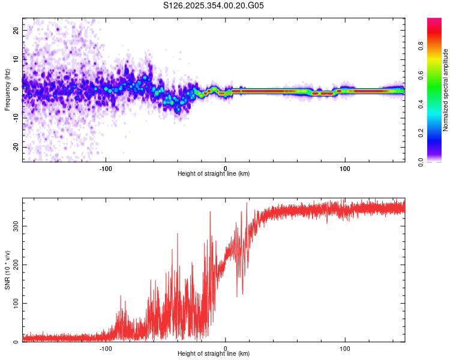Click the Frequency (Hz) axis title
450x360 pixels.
click(x=7, y=90)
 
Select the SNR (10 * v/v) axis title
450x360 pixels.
click(x=7, y=271)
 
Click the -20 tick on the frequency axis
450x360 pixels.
click(x=15, y=147)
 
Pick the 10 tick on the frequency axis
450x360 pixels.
click(x=16, y=59)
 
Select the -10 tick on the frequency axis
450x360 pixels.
click(x=15, y=118)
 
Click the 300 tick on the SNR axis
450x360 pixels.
click(x=14, y=226)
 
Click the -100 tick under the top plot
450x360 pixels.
click(x=106, y=169)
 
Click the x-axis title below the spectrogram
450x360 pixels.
click(x=214, y=174)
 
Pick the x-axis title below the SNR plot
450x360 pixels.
click(x=214, y=354)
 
